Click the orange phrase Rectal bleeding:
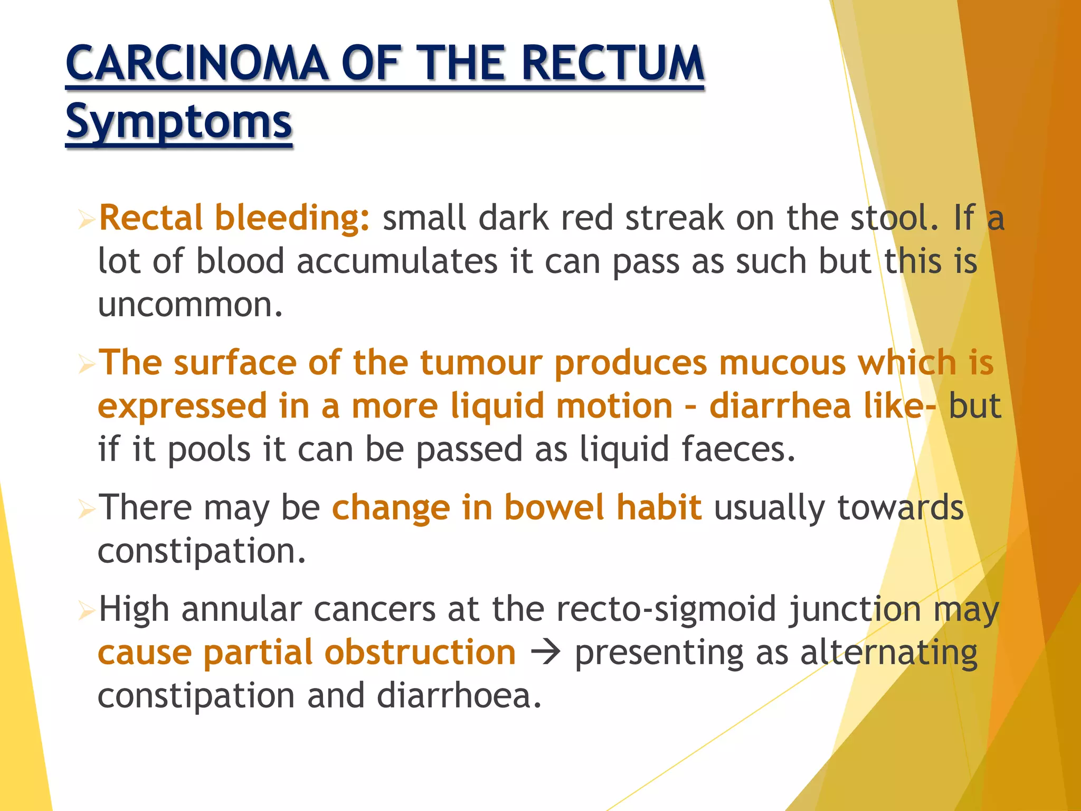tap(234, 218)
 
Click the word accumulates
tap(397, 261)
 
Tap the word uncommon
tap(190, 305)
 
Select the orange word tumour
tap(481, 363)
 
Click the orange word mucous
tap(782, 363)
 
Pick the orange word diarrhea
tap(780, 407)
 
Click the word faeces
tap(737, 450)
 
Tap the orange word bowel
tap(554, 508)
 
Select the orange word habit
tap(659, 508)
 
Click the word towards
tap(900, 508)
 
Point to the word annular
tap(242, 609)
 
